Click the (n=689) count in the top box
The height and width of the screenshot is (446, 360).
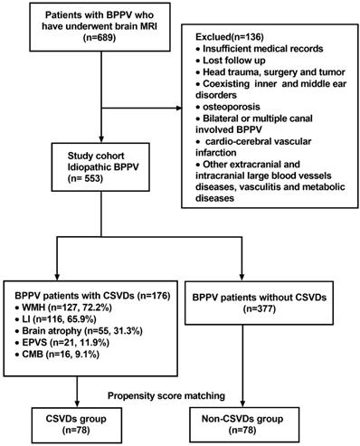pos(99,38)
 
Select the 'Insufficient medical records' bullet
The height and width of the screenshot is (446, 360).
pos(260,49)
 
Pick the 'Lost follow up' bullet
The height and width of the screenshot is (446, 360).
pos(231,61)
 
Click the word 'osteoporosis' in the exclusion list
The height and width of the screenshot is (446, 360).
pos(232,107)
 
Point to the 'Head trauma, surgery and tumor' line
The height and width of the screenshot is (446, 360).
pos(270,72)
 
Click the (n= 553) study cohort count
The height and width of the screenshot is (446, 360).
pos(85,178)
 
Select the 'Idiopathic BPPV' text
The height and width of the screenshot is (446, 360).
pos(103,167)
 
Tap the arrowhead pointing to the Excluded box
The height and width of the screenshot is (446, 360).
pos(178,108)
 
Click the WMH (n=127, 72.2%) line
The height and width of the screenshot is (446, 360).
pos(63,308)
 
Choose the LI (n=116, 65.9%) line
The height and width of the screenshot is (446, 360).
pos(55,319)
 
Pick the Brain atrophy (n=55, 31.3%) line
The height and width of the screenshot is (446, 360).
pos(79,331)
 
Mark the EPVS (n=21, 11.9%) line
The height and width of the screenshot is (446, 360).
pos(62,343)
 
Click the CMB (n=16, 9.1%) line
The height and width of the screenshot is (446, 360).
pos(57,355)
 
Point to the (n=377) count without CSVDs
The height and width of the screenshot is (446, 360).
pos(260,309)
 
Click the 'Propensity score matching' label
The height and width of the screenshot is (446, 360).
pos(166,395)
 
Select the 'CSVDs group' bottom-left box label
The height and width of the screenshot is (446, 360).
pos(76,419)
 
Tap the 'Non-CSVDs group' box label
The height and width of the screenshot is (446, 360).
pos(242,419)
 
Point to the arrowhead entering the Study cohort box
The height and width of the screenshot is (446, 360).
pos(101,139)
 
